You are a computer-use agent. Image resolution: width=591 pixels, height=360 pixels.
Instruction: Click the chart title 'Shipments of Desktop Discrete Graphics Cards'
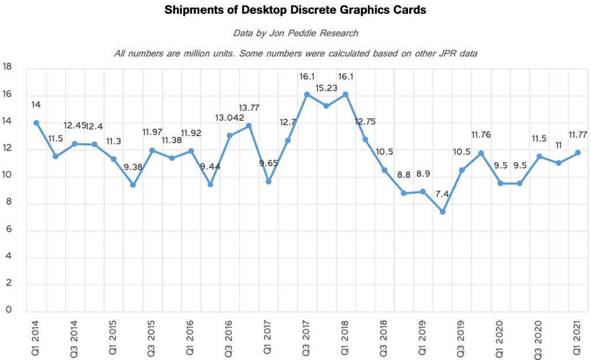[x=295, y=11]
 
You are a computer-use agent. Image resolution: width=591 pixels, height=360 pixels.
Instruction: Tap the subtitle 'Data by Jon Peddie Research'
[x=295, y=33]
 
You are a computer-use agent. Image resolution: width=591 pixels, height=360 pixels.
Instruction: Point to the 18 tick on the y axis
[x=8, y=67]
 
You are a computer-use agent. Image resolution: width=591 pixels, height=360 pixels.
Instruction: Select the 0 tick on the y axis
[x=8, y=310]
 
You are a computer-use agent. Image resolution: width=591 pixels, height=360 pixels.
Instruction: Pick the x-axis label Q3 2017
[x=307, y=335]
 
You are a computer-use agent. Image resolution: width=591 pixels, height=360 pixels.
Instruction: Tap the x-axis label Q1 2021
[x=577, y=335]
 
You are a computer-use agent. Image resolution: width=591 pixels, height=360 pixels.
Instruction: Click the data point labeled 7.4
[x=442, y=212]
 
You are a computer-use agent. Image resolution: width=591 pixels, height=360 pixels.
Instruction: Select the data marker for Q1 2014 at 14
[x=36, y=123]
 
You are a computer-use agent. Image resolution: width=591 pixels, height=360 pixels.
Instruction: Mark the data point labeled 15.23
[x=326, y=106]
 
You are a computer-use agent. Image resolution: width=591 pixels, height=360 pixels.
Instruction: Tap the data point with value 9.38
[x=133, y=185]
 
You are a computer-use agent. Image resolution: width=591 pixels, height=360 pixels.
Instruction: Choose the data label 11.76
[x=481, y=136]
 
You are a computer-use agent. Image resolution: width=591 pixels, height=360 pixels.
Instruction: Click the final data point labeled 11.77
[x=577, y=152]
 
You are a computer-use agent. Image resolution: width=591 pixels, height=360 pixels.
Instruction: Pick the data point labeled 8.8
[x=403, y=193]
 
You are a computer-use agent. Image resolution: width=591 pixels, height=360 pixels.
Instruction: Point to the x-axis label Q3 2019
[x=462, y=335]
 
